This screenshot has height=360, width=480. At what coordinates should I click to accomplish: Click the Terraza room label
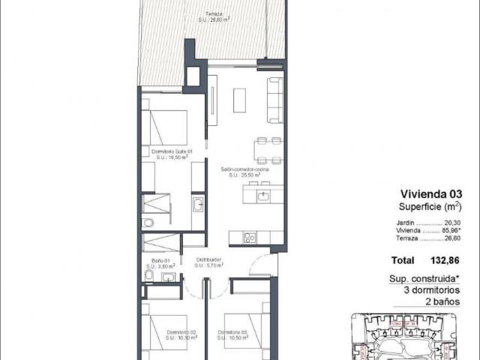(214, 17)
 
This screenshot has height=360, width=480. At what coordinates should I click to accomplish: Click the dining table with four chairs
(268, 150)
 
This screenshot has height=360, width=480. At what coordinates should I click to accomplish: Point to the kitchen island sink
(262, 196)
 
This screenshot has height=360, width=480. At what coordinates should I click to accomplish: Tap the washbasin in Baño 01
(170, 278)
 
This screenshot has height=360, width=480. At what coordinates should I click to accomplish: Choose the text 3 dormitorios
(427, 288)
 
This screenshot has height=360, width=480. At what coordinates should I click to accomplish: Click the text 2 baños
(439, 298)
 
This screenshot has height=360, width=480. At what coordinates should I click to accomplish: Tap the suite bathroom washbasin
(197, 204)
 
